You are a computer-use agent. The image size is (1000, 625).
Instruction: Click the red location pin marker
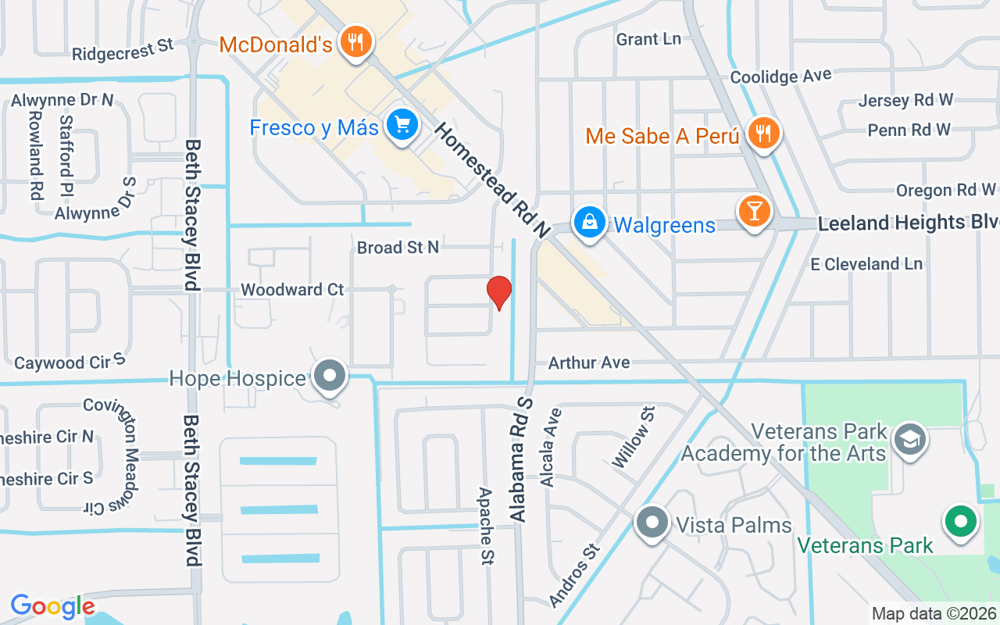pos(499,291)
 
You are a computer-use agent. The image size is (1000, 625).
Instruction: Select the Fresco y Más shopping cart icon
pos(402,124)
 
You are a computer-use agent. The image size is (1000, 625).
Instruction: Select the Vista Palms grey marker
pos(652,522)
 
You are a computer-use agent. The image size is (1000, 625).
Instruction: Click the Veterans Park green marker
pos(961,521)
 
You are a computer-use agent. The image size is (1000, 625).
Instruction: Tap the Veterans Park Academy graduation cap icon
pos(910,438)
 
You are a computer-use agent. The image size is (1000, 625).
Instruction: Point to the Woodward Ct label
pos(292,290)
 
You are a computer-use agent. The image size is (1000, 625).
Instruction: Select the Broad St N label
pos(398,248)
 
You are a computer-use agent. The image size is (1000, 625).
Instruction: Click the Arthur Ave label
pos(589,362)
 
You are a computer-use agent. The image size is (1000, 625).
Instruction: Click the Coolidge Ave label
pos(780,77)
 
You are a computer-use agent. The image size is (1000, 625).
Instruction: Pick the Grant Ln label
pos(648,39)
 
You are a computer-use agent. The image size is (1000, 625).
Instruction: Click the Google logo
pos(52,606)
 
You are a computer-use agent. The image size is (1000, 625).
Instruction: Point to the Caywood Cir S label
pos(70,362)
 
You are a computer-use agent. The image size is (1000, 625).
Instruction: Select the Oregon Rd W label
pos(945,190)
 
